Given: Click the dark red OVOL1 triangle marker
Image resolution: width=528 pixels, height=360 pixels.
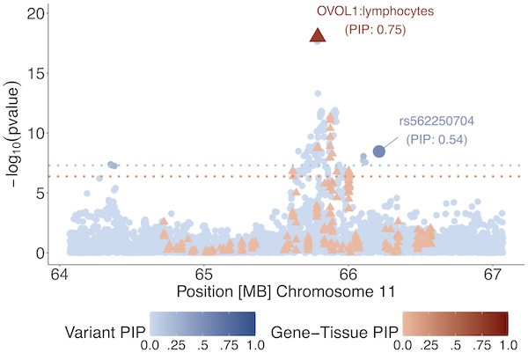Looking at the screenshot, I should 318,35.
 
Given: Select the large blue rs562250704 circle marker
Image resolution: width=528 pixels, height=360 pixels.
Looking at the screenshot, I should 379,151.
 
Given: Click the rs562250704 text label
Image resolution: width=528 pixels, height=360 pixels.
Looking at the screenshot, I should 436,121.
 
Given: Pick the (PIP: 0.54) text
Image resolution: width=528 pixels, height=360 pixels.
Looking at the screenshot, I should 437,139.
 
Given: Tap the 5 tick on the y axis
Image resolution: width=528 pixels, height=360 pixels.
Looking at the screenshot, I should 40,194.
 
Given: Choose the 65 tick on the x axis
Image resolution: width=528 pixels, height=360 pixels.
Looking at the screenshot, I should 204,273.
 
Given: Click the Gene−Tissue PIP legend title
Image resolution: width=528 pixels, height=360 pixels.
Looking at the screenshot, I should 334,331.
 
